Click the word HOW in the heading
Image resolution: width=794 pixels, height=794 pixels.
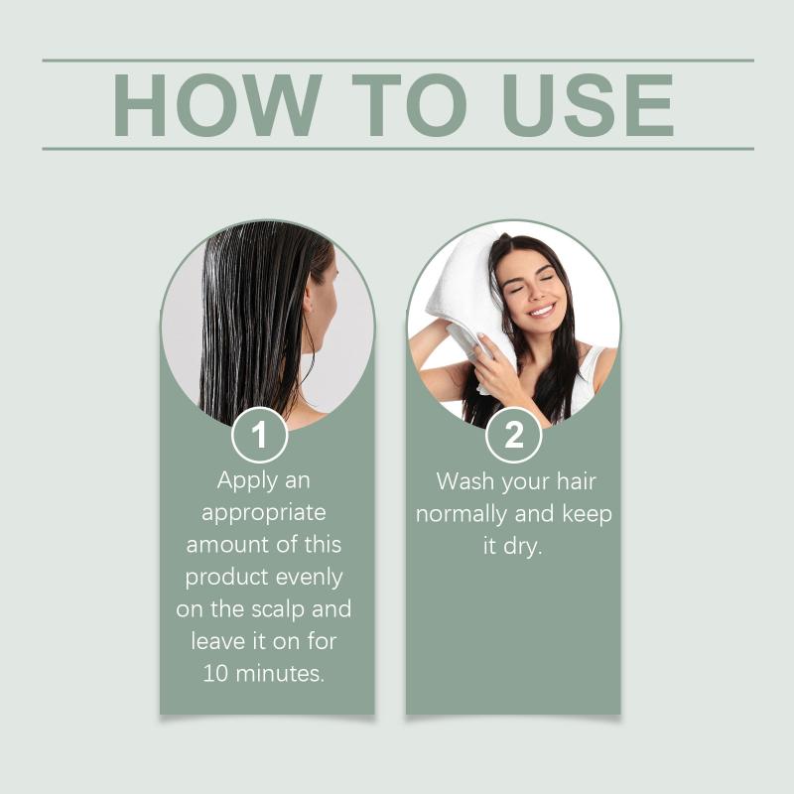[217, 105]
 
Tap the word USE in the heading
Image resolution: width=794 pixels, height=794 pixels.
[588, 105]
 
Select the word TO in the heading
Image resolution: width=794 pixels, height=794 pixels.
[409, 105]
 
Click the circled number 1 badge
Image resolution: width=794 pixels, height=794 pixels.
[260, 435]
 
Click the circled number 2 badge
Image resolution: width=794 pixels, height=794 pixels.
[513, 435]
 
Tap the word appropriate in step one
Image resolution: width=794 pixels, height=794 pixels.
[264, 513]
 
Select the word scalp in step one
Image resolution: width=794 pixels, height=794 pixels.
[278, 608]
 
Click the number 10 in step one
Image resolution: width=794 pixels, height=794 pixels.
[215, 674]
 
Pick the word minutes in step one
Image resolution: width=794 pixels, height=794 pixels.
[280, 674]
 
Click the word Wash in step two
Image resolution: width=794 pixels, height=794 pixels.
[464, 481]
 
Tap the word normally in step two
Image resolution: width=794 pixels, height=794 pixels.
[462, 514]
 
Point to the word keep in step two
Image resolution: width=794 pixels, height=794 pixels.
[587, 514]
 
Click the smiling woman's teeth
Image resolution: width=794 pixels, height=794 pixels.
[541, 310]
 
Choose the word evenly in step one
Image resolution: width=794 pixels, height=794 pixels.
[310, 578]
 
